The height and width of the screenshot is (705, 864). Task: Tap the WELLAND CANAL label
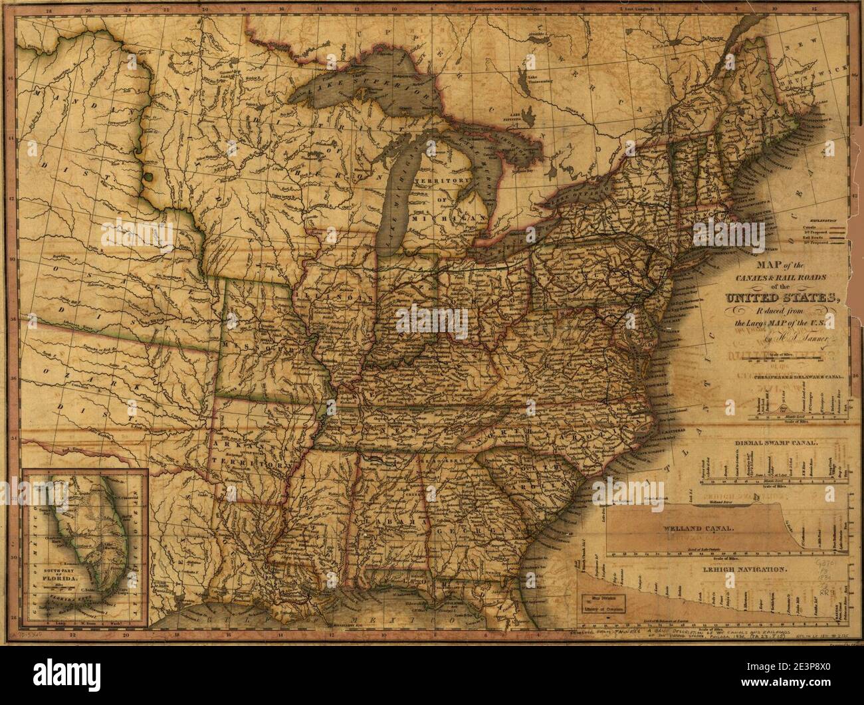pos(697,530)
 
